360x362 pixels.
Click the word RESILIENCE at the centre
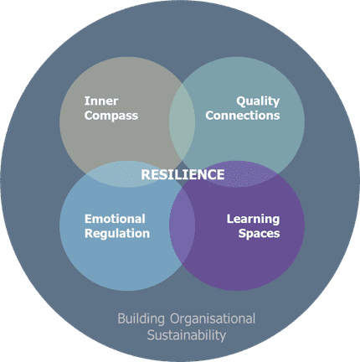point(183,174)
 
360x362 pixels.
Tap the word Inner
point(101,101)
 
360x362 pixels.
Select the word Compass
point(111,116)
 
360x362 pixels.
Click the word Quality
point(258,101)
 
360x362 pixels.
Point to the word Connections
point(243,116)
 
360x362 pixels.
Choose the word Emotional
point(115,219)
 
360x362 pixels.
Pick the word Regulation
point(117,234)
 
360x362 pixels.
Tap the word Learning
point(253,220)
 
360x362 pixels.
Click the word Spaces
point(259,234)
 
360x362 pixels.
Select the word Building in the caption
point(141,319)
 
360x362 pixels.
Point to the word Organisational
point(213,318)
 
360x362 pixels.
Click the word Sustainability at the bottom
point(187,335)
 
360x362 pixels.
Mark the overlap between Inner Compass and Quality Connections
point(182,122)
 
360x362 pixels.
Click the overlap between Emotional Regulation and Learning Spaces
point(182,225)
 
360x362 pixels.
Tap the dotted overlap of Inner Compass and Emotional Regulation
point(117,174)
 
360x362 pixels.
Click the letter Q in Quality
point(241,101)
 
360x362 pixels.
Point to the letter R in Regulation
point(89,233)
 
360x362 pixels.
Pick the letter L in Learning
point(230,219)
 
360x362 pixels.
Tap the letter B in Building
point(121,319)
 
